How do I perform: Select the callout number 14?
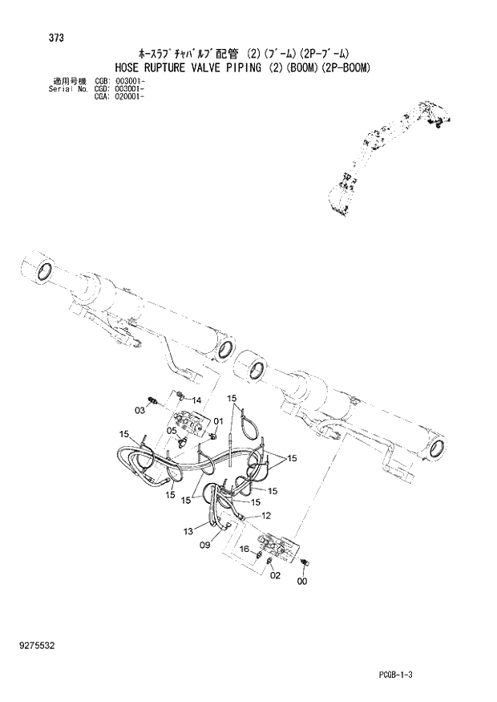click(196, 400)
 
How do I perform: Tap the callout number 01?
click(218, 421)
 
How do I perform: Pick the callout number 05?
click(172, 430)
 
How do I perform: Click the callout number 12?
click(266, 515)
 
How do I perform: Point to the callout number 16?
click(246, 550)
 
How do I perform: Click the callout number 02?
click(275, 575)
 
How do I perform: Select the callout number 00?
click(301, 582)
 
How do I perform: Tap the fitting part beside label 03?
click(152, 400)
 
